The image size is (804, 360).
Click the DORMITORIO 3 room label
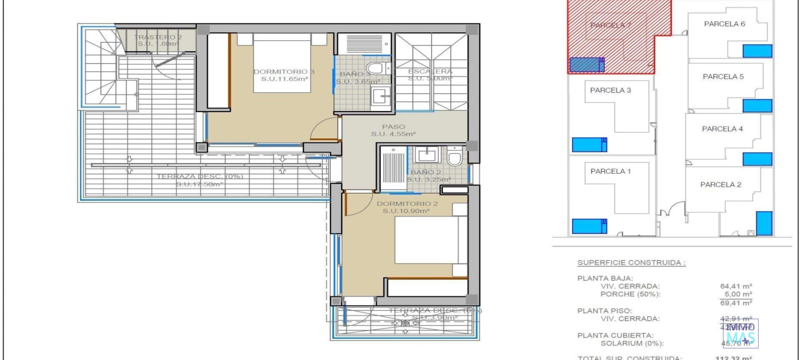284,72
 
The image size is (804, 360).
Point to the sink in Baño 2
427,155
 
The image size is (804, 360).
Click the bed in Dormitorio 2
426,240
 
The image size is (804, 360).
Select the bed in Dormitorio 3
282,63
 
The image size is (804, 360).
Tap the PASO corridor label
393,126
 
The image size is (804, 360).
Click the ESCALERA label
430,71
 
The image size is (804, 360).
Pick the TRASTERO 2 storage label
158,37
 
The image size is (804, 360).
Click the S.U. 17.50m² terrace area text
199,184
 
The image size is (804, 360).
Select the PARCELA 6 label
724,24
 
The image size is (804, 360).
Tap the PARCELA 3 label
610,90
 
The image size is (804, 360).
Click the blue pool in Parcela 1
589,226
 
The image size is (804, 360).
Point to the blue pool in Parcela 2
764,223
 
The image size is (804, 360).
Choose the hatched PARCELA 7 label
611,25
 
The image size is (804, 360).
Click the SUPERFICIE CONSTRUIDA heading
631,262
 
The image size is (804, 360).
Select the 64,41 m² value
736,286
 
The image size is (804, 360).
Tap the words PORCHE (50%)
630,294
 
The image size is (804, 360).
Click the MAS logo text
740,337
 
